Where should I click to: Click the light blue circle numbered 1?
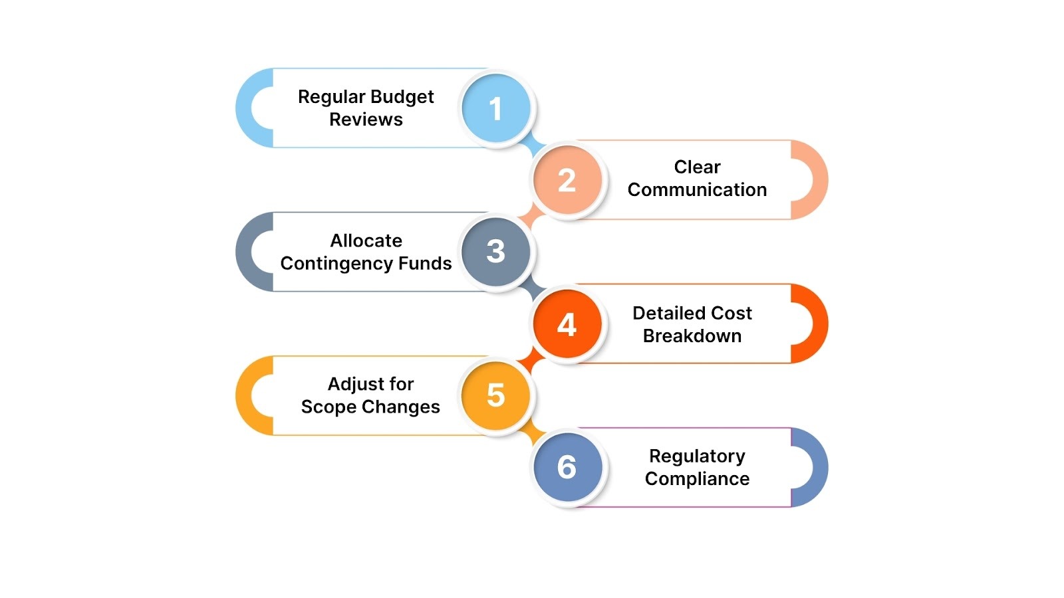click(x=496, y=108)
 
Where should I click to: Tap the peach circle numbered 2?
click(x=567, y=180)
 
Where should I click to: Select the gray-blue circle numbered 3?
click(x=496, y=252)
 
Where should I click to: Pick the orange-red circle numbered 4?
click(x=567, y=324)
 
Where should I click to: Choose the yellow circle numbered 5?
click(x=496, y=395)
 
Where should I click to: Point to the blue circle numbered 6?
click(x=567, y=467)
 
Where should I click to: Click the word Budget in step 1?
click(x=402, y=97)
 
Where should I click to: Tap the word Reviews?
click(x=366, y=120)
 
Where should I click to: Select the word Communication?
click(x=697, y=190)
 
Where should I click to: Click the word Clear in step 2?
click(x=697, y=167)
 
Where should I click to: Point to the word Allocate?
click(x=366, y=241)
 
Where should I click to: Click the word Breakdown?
click(x=692, y=336)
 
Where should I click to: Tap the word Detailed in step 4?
click(x=660, y=313)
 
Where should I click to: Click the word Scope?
click(x=329, y=407)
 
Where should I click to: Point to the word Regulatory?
click(x=697, y=456)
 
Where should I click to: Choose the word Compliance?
click(x=697, y=479)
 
